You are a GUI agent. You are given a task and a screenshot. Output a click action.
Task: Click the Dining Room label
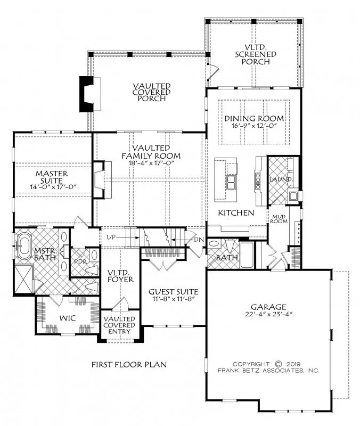point(254,118)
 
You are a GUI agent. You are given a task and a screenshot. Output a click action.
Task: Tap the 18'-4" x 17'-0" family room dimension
point(151,163)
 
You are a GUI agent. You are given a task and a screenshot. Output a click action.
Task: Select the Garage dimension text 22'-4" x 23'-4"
point(268,314)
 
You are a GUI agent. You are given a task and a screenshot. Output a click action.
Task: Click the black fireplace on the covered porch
point(86,94)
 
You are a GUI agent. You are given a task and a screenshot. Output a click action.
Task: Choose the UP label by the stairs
point(111,237)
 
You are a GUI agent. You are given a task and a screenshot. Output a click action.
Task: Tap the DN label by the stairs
point(199,239)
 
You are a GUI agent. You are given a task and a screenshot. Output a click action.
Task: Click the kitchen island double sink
point(231,182)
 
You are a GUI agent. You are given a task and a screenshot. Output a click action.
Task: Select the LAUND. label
point(281,179)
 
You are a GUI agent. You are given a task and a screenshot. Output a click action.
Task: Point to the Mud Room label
point(279,219)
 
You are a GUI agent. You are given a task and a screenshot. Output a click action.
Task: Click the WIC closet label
point(68,318)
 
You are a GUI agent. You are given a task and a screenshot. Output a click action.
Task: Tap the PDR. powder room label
point(80,262)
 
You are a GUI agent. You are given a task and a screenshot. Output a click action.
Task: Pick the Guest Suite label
point(174,292)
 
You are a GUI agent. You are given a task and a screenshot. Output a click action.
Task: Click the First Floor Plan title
point(129,364)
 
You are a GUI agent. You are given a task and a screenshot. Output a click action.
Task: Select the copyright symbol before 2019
point(279,364)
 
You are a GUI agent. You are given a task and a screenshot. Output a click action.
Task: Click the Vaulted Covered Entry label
point(119,325)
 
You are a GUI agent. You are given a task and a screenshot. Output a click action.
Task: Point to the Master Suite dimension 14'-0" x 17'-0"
point(52,187)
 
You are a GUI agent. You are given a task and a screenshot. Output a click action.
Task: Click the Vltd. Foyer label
point(120,276)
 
